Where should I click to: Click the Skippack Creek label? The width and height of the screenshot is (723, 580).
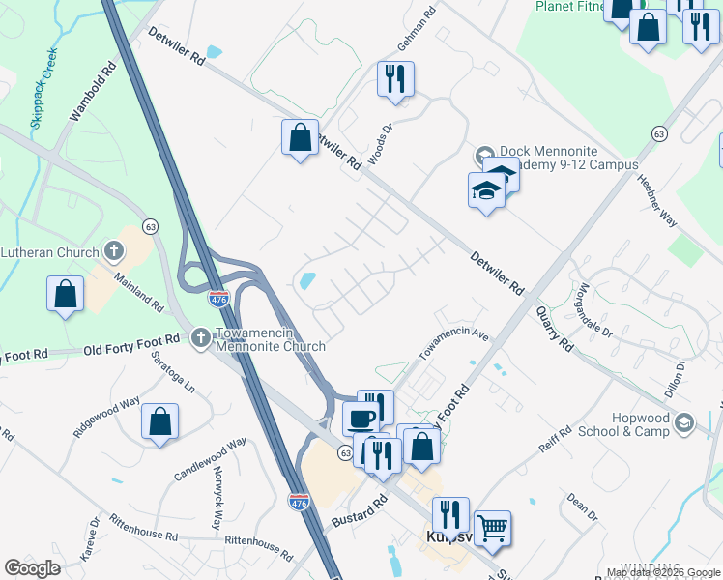click(x=44, y=88)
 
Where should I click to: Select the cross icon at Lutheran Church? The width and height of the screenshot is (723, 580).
click(x=114, y=253)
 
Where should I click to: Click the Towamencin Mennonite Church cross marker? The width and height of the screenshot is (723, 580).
click(x=200, y=337)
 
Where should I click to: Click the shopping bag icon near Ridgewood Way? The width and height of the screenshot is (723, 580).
click(x=160, y=421)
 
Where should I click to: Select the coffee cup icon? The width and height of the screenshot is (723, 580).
click(x=361, y=418)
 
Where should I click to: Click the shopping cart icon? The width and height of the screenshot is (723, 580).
click(x=493, y=528)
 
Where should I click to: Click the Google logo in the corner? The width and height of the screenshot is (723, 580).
click(x=32, y=568)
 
